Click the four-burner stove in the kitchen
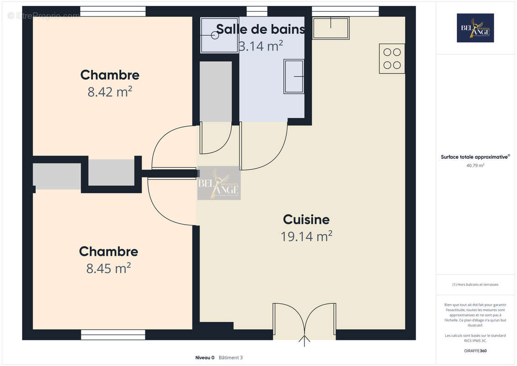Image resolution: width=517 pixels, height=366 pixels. click(392, 59)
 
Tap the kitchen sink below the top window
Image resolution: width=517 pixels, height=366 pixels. click(331, 28)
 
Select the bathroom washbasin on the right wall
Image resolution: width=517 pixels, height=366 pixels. click(294, 76)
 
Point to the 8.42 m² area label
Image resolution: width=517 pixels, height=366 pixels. click(110, 92)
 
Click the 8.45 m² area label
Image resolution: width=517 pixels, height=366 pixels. click(108, 268)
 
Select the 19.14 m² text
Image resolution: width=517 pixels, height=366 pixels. click(306, 236)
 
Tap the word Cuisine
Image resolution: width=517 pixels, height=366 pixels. click(306, 220)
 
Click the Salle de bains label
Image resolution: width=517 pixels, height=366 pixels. click(260, 29)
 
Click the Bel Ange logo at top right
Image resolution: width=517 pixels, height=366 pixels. click(475, 28)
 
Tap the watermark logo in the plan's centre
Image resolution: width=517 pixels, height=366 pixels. click(219, 183)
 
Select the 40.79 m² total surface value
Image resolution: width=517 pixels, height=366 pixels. click(475, 166)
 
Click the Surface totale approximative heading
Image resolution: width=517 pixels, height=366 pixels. click(475, 157)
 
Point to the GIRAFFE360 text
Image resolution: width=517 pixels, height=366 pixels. click(475, 351)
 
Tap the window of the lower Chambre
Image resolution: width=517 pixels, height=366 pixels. click(113, 335)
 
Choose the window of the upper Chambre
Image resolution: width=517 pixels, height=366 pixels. click(113, 11)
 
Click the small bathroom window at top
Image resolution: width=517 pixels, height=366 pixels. click(257, 11)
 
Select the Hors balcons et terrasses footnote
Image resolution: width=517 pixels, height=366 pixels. click(475, 285)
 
